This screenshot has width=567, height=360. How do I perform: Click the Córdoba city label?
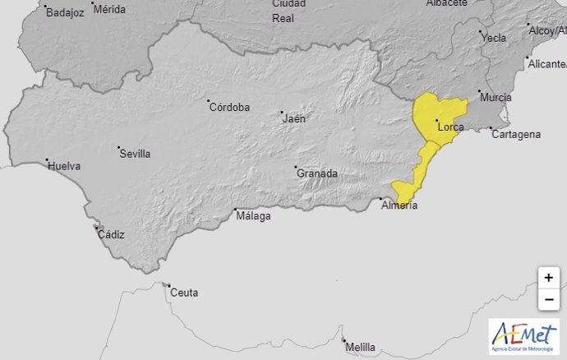tap(229, 107)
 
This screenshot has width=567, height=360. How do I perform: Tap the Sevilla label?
tap(135, 154)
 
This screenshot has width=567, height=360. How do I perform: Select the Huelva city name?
tap(65, 166)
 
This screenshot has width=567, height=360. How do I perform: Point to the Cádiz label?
tap(111, 235)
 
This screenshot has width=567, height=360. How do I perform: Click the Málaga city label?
tap(253, 216)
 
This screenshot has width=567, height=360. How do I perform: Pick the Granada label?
tap(317, 173)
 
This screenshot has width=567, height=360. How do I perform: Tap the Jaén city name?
tap(293, 118)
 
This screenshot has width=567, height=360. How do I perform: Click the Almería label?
tap(399, 205)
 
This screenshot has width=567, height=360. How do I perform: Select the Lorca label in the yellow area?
tap(452, 127)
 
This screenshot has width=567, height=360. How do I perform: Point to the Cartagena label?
tap(516, 134)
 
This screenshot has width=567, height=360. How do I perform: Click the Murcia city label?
tap(496, 98)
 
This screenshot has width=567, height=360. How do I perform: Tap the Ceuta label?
tap(184, 292)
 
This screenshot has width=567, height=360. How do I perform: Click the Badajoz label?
tap(66, 12)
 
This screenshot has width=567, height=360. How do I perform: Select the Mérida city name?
tap(110, 11)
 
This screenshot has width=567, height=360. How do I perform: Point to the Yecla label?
tap(494, 38)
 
